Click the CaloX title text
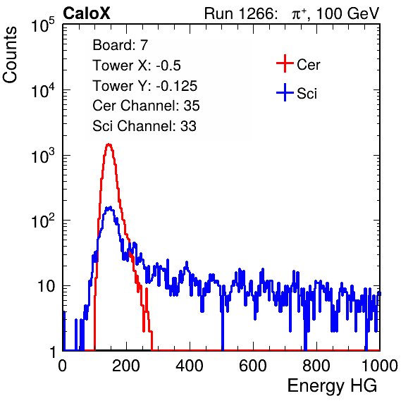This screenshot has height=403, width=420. (x=87, y=13)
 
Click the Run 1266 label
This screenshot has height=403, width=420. (x=240, y=13)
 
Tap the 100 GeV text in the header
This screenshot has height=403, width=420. (x=347, y=13)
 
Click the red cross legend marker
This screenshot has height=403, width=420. (x=285, y=63)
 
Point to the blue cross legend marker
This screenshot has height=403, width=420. (x=285, y=92)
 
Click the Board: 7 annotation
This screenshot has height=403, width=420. (x=121, y=45)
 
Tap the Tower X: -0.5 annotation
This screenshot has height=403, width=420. (x=137, y=66)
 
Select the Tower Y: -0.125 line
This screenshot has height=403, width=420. (x=145, y=86)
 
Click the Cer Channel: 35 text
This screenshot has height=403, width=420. (x=146, y=106)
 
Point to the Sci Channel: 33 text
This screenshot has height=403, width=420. (x=144, y=126)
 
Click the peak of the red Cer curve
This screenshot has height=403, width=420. (x=109, y=144)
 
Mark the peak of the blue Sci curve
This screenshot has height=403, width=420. (x=109, y=207)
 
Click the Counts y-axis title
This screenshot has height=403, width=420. (x=10, y=55)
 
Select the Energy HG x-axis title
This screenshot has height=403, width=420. (x=332, y=386)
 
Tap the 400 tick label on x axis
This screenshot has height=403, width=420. (x=190, y=366)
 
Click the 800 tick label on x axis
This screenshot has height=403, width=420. (x=316, y=366)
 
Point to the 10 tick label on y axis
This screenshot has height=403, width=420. (x=47, y=286)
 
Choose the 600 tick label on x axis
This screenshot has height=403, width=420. (x=253, y=366)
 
